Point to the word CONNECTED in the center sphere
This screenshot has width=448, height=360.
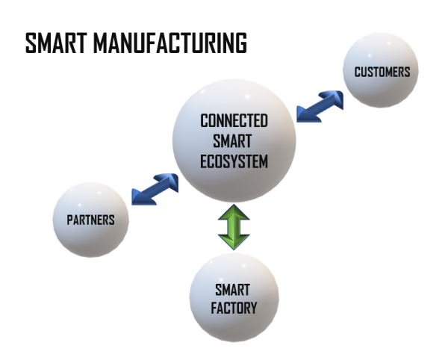234,121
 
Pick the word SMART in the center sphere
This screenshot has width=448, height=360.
234,140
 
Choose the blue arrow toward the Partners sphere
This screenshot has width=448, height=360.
155,189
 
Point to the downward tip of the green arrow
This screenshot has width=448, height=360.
234,246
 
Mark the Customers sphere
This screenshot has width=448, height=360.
381,69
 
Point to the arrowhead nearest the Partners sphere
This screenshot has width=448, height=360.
141,196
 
